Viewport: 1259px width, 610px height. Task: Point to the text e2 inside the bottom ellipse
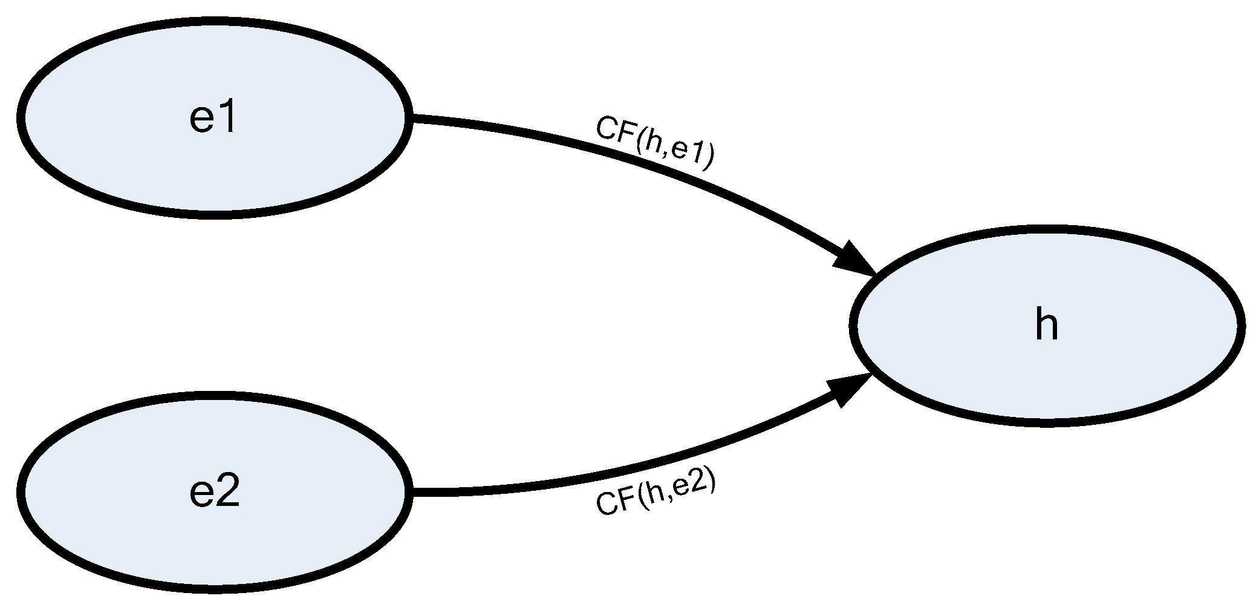coord(214,493)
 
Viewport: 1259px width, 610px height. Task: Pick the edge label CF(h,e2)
coord(656,494)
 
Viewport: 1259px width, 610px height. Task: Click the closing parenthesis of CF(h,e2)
coord(711,480)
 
